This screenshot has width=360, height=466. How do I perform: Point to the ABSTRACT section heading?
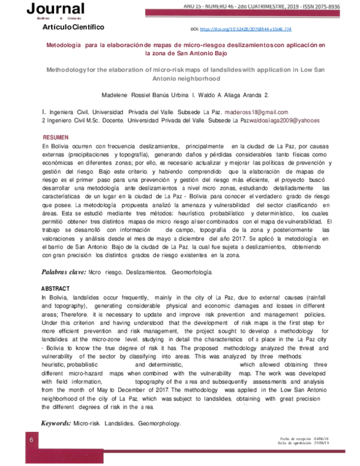tap(56, 289)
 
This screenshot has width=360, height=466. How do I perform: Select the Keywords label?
tap(55, 423)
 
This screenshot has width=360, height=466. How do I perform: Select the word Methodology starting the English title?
tap(67, 70)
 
